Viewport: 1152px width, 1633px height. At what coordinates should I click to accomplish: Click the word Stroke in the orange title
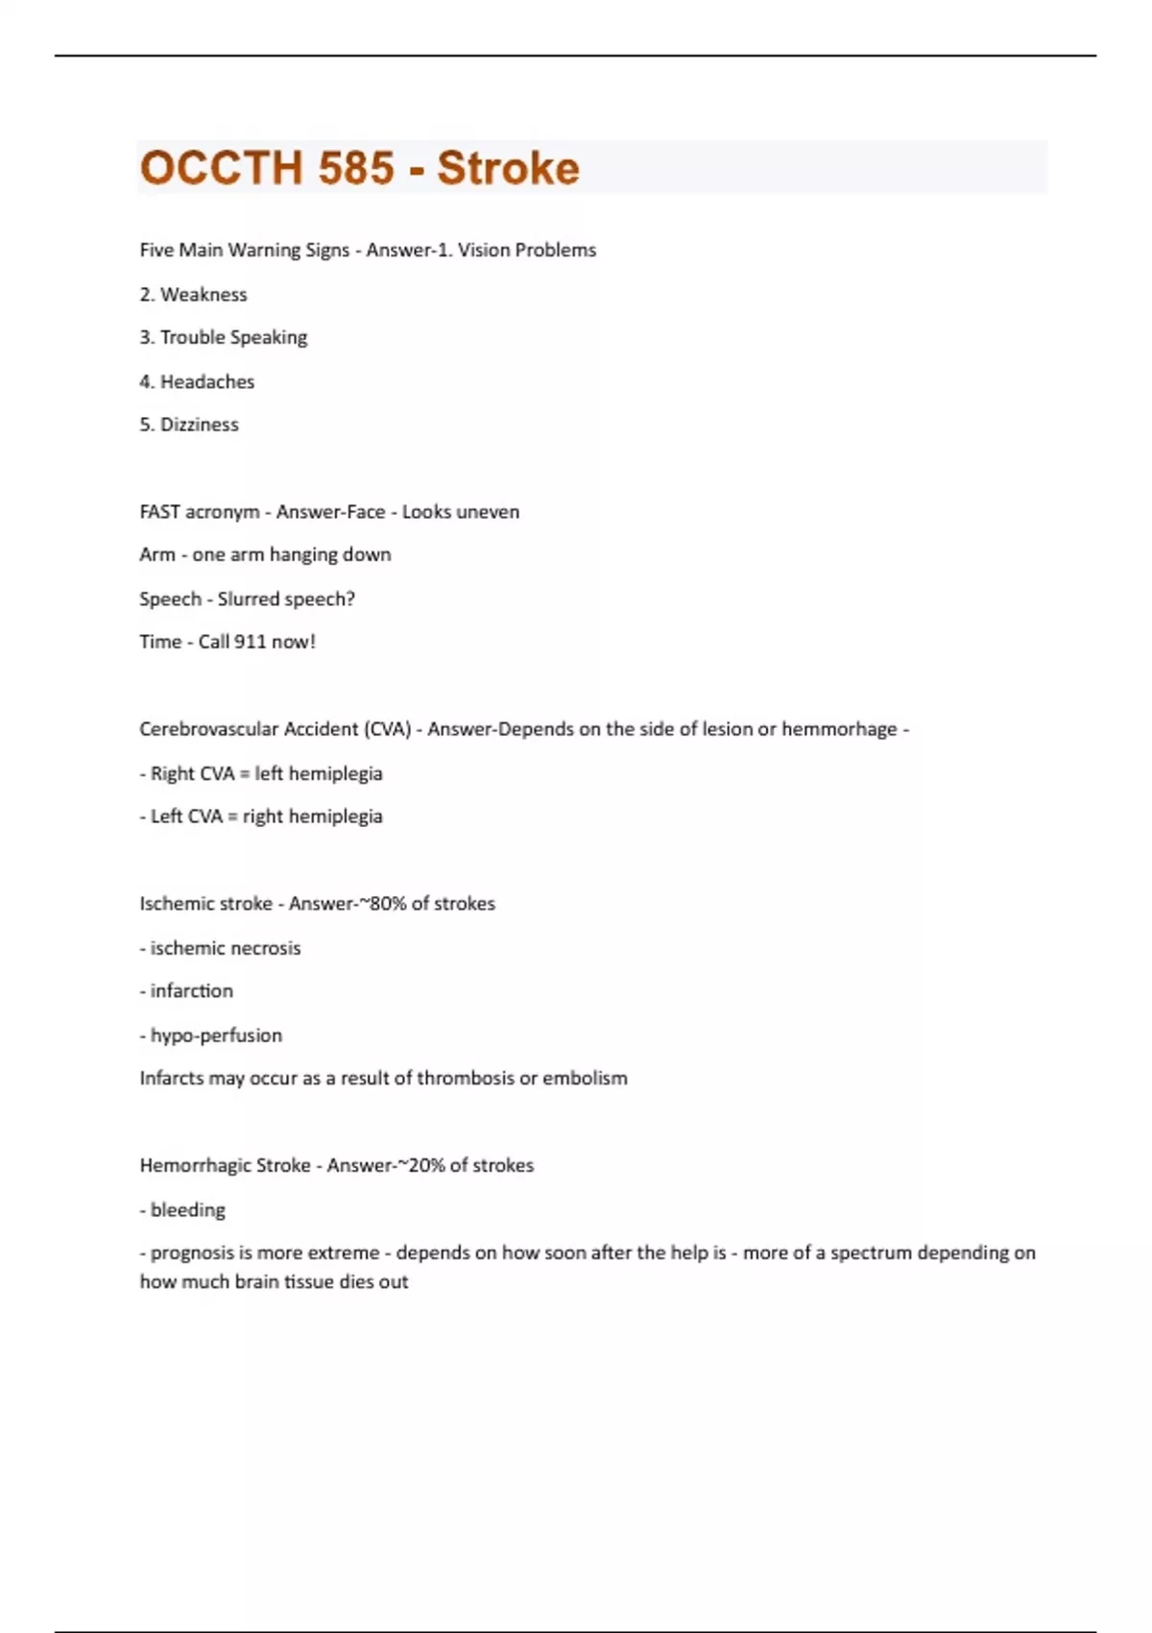click(x=508, y=168)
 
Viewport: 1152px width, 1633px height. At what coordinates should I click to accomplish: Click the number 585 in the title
click(x=356, y=168)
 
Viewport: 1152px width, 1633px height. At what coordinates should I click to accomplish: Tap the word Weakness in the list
click(x=204, y=295)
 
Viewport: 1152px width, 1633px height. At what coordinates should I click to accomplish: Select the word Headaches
click(x=207, y=382)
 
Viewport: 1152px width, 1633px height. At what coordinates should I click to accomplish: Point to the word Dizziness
click(x=200, y=425)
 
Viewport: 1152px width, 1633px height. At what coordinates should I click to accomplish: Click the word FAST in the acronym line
click(x=159, y=512)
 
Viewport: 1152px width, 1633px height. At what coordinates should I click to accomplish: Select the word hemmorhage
click(x=838, y=729)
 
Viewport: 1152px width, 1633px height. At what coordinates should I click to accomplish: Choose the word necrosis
click(x=264, y=948)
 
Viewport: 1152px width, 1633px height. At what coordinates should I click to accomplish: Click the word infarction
click(x=192, y=991)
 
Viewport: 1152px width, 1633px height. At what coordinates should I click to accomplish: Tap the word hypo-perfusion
click(x=216, y=1036)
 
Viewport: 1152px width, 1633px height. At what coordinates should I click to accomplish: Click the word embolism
click(x=585, y=1079)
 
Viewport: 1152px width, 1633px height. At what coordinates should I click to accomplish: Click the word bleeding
click(x=188, y=1210)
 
